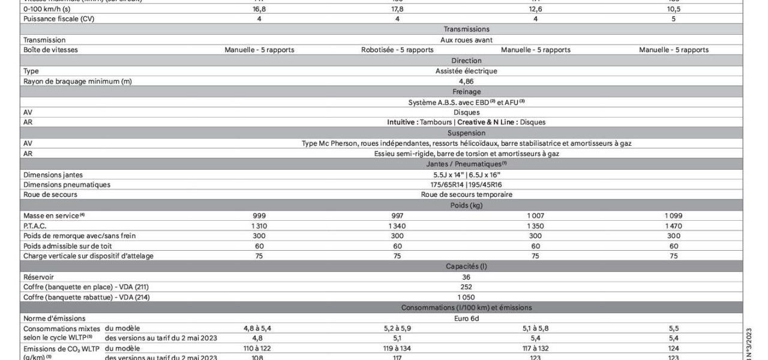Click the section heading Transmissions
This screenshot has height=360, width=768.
point(466,29)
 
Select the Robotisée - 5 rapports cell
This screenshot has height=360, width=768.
point(397,50)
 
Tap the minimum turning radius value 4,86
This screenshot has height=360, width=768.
point(466,81)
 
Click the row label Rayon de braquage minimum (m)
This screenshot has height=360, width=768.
point(77,81)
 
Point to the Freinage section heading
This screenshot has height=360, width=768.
point(466,92)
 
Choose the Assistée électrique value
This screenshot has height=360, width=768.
point(466,71)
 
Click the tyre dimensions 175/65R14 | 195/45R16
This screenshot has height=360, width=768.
point(466,184)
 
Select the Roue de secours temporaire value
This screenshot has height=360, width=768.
point(466,194)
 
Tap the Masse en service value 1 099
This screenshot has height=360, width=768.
point(673,215)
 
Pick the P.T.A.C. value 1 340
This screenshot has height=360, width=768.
point(397,226)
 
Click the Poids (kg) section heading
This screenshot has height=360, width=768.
point(466,205)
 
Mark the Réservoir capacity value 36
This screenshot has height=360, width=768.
point(466,277)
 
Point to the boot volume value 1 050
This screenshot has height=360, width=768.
point(466,298)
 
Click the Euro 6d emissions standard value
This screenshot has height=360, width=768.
point(466,318)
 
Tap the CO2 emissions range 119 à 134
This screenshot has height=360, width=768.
point(397,349)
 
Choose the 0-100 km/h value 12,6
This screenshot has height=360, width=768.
point(535,8)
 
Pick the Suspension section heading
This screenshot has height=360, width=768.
point(466,133)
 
